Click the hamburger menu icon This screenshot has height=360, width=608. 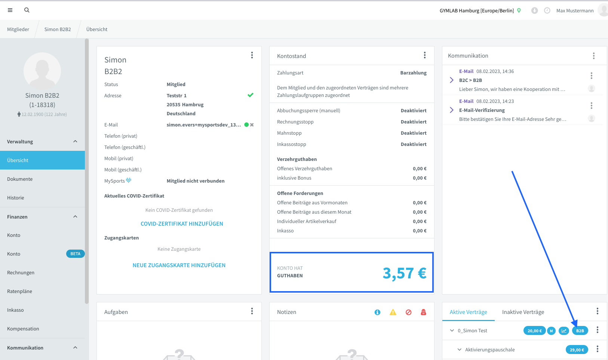click(x=10, y=10)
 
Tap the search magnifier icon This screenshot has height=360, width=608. click(x=27, y=10)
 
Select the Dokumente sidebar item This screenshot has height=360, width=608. click(x=20, y=179)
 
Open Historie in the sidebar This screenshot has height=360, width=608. click(x=15, y=198)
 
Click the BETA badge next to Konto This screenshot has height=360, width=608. click(x=75, y=254)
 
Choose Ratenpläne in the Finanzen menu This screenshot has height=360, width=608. click(x=19, y=291)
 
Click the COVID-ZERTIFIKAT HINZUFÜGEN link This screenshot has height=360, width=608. click(x=182, y=224)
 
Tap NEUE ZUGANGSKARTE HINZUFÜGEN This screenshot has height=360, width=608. click(x=179, y=265)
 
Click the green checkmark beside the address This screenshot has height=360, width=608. click(x=250, y=95)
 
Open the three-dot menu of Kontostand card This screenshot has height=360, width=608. click(x=424, y=55)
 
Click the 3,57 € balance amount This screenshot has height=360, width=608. click(x=405, y=273)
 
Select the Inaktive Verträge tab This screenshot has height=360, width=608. click(x=523, y=312)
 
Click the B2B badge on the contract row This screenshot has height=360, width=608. click(x=580, y=331)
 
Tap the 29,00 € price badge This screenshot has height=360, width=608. click(x=577, y=350)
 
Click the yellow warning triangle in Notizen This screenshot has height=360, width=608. click(x=393, y=312)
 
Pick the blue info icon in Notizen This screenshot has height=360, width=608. click(x=377, y=312)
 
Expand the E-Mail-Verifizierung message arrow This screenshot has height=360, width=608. click(x=452, y=110)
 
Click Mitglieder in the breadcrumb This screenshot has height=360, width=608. click(x=18, y=29)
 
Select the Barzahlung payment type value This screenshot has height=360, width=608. click(x=414, y=73)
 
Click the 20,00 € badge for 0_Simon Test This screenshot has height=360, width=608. click(x=534, y=331)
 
